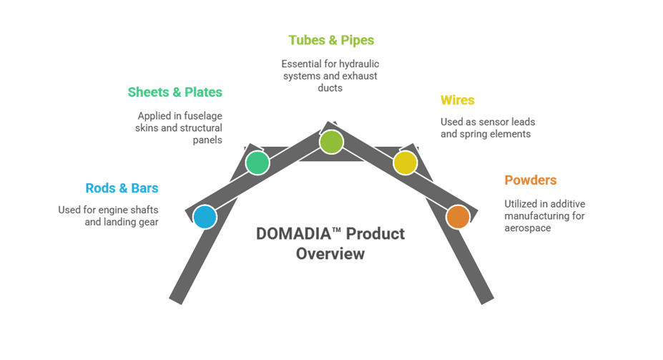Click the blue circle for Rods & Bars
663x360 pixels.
(205, 217)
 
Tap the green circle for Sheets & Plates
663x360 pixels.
(257, 163)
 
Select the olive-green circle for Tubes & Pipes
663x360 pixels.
(331, 142)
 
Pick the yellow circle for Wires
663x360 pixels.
(405, 163)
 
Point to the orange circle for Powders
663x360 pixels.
(458, 217)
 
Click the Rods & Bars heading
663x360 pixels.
(122, 189)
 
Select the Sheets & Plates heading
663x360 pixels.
(175, 92)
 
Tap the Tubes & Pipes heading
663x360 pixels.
(331, 41)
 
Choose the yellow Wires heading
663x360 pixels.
(457, 100)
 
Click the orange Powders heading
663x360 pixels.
(530, 180)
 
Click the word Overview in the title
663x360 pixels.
(330, 254)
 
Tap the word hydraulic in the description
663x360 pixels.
(358, 64)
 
